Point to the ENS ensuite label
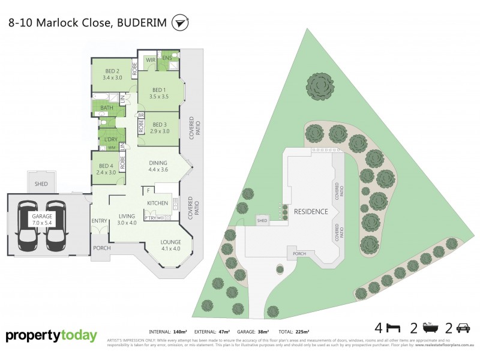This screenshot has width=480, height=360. tap(167, 59)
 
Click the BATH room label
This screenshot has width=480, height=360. tap(106, 108)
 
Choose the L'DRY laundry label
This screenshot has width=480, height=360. tap(110, 140)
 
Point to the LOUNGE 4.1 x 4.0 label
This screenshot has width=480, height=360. tap(170, 245)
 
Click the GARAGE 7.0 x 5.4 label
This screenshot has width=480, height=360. tap(41, 218)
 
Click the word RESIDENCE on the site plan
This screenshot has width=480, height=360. tap(311, 212)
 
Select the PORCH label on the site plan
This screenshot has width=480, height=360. tap(299, 253)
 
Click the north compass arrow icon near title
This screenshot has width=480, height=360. tap(179, 23)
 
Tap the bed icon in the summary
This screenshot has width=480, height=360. tap(393, 328)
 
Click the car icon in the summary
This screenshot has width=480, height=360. tap(463, 328)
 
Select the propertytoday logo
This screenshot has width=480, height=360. tap(51, 336)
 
